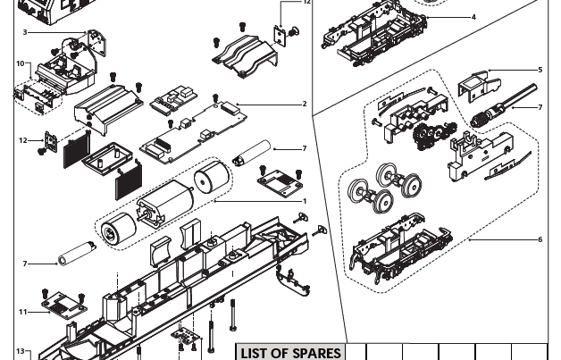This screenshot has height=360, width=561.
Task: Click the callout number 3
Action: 25,32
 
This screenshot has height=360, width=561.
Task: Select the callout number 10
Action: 20,63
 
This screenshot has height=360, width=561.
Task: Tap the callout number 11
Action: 23,312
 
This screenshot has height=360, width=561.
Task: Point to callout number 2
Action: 305,105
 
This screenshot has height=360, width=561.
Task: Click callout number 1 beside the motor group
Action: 305,201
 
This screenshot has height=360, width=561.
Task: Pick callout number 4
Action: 473,17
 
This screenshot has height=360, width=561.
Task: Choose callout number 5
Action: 540,70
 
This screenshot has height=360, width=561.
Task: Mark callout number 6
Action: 540,239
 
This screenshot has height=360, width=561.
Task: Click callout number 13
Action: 20,352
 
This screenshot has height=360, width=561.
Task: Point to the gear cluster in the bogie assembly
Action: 427,136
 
